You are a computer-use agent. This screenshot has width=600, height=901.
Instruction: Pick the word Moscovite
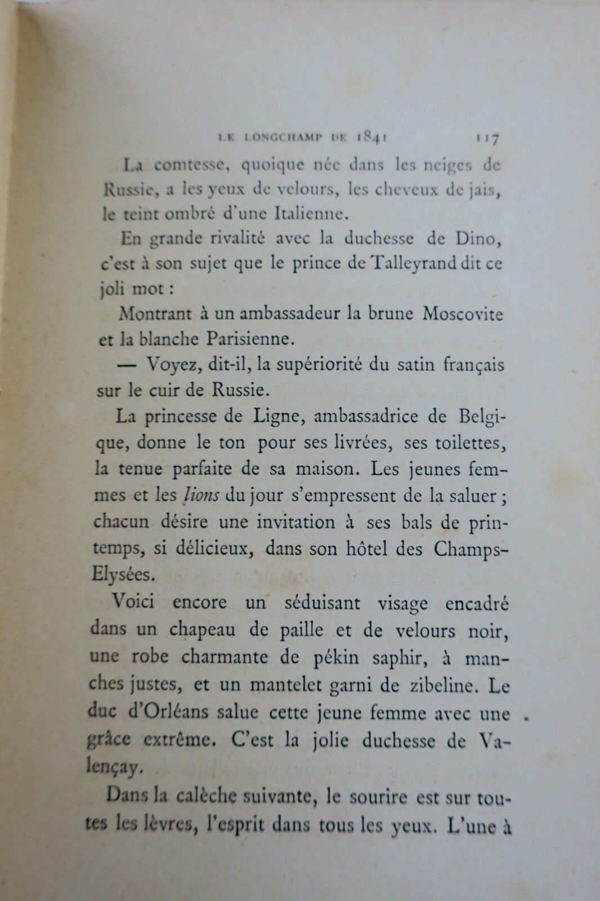click(x=462, y=314)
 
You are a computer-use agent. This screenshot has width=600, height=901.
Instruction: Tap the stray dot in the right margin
click(x=526, y=718)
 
